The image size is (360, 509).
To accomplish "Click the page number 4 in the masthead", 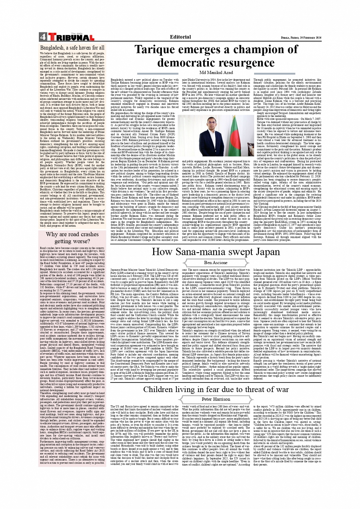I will coord(43,37).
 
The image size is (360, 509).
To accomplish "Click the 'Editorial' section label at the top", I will coord(180,37).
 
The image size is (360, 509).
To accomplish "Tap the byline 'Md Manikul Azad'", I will coord(216,72).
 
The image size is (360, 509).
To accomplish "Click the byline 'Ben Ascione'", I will coord(216,263).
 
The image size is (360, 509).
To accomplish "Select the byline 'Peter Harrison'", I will coord(216,399).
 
